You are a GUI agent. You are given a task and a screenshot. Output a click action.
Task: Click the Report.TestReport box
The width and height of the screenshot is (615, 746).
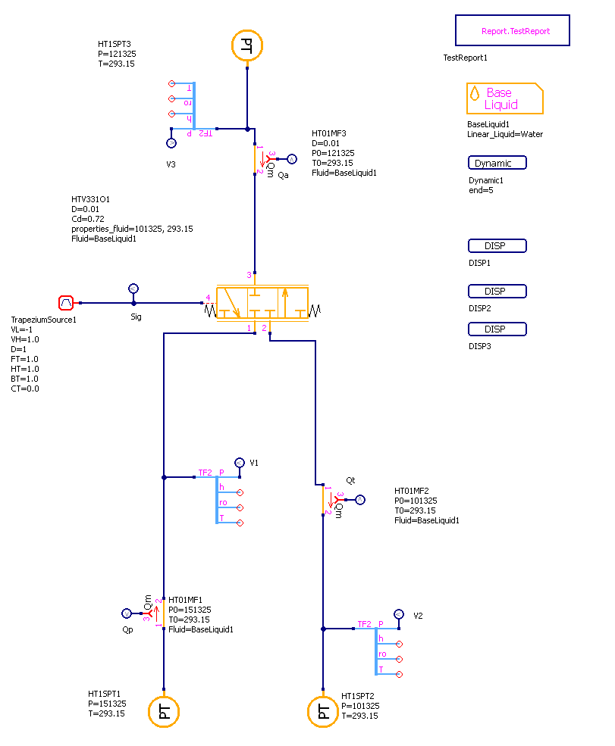[x=512, y=31]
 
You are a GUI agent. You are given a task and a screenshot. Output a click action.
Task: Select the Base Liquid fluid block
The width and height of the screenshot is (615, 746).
[x=504, y=98]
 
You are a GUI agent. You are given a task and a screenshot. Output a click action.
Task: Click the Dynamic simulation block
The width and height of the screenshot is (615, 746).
[x=497, y=163]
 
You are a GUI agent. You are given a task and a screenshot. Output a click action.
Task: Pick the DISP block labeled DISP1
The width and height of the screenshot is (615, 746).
[x=497, y=246]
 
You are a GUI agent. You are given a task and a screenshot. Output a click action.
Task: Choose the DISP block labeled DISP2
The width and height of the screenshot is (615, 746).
[x=497, y=292]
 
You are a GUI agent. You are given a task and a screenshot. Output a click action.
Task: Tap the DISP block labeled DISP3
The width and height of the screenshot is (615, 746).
[x=497, y=329]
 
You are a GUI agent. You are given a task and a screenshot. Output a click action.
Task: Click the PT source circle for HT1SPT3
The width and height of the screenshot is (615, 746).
[x=246, y=46]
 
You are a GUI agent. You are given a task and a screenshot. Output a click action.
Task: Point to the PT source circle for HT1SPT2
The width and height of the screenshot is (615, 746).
[x=323, y=711]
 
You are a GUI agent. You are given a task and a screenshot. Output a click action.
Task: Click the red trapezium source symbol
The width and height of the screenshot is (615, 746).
[x=66, y=302]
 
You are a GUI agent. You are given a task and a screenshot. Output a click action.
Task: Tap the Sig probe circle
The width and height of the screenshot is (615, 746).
[x=133, y=289]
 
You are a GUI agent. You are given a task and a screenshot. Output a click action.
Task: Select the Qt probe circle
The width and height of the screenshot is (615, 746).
[x=360, y=500]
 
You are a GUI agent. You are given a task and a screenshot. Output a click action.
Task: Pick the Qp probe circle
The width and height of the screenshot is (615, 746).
[x=127, y=613]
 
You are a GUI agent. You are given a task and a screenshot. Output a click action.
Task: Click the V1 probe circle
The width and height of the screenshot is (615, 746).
[x=239, y=462]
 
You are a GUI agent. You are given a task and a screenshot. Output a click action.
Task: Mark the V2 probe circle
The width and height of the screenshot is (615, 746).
[x=398, y=613]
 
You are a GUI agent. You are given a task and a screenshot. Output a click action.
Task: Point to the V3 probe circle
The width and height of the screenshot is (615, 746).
[x=171, y=142]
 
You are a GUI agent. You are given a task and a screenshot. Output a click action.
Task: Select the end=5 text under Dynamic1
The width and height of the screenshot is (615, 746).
[x=482, y=190]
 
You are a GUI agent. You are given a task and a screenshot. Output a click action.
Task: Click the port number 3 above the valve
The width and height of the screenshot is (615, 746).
[x=248, y=275]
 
